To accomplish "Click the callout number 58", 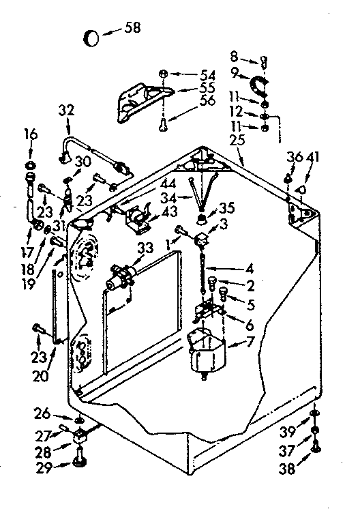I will point(133,28).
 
